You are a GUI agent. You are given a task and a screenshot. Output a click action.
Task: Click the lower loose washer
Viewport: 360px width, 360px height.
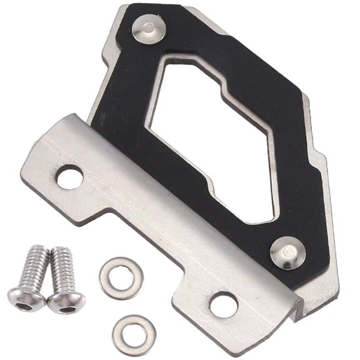pyautogui.click(x=130, y=333)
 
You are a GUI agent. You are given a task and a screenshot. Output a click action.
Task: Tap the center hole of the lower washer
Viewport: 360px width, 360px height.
pyautogui.click(x=130, y=333)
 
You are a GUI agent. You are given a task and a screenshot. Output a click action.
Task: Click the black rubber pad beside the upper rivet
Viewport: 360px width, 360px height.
pyautogui.click(x=180, y=40)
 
